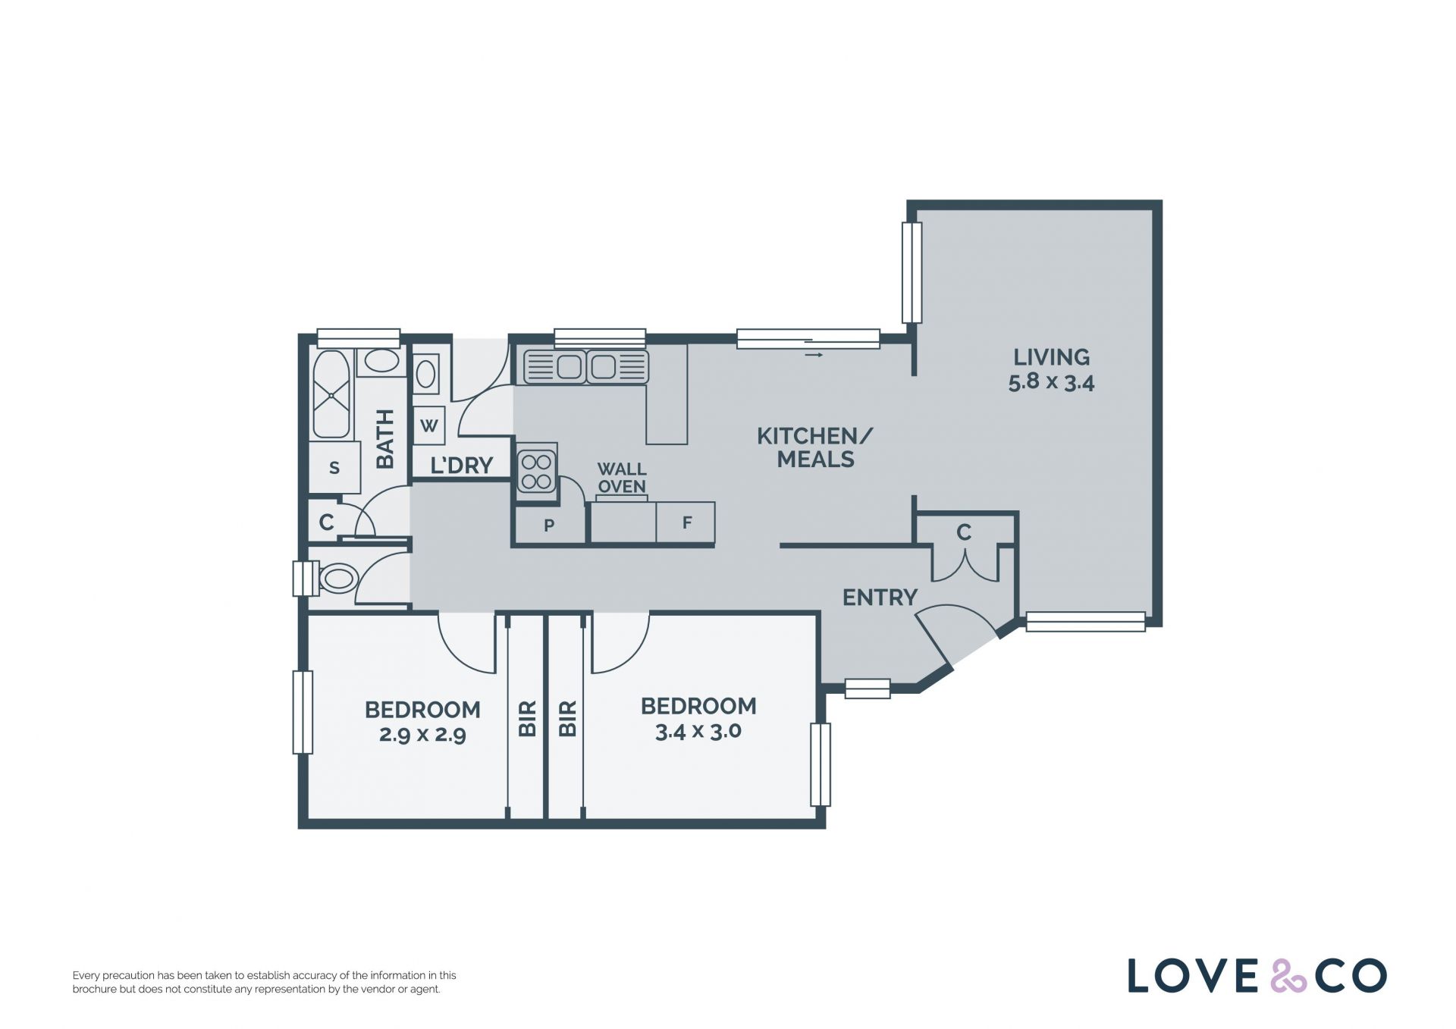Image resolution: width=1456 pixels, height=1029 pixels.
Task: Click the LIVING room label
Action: click(x=1051, y=356)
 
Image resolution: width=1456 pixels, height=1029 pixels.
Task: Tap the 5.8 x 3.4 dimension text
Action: click(x=1051, y=382)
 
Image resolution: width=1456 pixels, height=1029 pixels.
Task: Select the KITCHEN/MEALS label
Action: click(x=815, y=447)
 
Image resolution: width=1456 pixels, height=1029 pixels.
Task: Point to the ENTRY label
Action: click(x=880, y=598)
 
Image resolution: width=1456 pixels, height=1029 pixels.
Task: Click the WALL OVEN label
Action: click(x=622, y=478)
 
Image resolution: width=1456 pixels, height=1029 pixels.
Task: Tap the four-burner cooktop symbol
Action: click(x=537, y=471)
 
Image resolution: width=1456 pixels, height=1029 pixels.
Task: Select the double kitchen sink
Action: click(x=585, y=367)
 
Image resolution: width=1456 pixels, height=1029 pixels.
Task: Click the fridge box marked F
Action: click(x=686, y=522)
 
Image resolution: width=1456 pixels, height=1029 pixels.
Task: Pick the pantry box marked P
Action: click(x=550, y=525)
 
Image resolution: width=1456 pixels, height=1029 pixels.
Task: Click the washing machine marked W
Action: click(x=429, y=425)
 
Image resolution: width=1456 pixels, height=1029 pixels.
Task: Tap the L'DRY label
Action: click(x=461, y=465)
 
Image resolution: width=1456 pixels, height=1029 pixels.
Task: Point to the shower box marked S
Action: click(x=334, y=468)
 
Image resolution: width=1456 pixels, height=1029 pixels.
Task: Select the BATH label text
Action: click(x=385, y=439)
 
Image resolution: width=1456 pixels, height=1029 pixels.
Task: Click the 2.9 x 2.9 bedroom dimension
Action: click(x=422, y=735)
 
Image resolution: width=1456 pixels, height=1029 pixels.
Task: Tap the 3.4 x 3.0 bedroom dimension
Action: click(x=698, y=732)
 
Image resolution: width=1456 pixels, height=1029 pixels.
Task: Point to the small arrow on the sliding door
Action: click(x=814, y=354)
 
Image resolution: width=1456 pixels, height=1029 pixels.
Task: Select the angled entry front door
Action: click(x=934, y=640)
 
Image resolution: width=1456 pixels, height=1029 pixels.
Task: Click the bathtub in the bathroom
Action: click(x=331, y=394)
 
